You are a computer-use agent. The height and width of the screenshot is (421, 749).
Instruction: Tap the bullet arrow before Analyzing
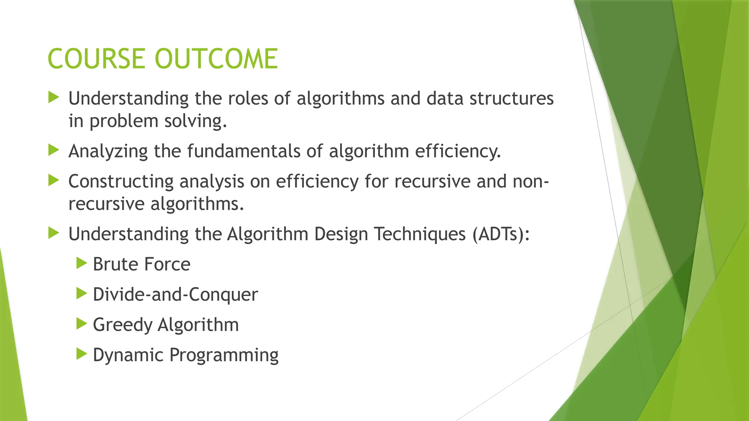(53, 150)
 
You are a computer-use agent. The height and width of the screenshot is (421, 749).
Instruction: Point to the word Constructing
(121, 182)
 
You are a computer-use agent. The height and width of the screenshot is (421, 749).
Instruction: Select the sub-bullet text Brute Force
(142, 264)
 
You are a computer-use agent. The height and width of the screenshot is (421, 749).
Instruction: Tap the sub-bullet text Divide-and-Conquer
(175, 295)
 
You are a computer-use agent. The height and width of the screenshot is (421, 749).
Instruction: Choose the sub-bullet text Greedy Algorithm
(166, 325)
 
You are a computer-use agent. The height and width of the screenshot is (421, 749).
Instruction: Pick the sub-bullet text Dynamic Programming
(185, 355)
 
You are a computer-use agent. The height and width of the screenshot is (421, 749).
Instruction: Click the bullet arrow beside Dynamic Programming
(82, 354)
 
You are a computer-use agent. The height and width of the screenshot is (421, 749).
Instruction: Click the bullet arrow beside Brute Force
(82, 263)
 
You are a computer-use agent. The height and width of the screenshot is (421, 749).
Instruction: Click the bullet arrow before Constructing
(53, 180)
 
